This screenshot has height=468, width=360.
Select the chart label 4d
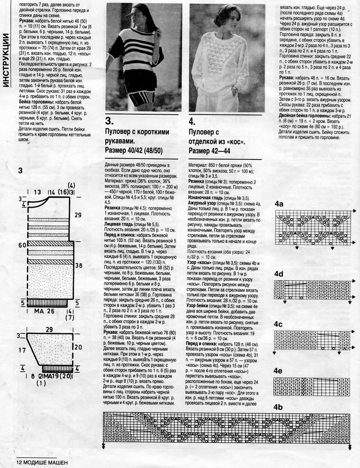click(279, 274)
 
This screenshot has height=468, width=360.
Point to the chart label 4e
click(278, 371)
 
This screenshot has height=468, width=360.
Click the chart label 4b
click(278, 407)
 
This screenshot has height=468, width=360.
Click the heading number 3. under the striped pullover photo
click(109, 121)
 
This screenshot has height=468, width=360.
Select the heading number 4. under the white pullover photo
click(192, 122)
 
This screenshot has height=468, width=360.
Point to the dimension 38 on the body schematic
click(79, 266)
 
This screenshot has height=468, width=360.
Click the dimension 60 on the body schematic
click(22, 245)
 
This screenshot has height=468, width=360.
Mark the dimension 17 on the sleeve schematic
click(22, 350)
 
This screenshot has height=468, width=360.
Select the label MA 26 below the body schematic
click(45, 311)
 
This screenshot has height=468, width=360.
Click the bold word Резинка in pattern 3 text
click(112, 208)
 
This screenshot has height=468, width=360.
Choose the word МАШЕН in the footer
click(55, 463)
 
